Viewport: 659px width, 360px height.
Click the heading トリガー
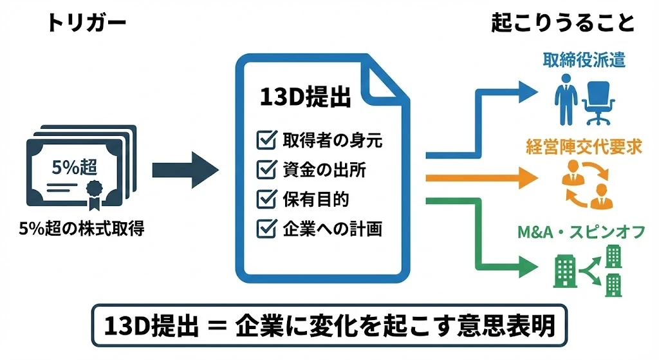[x=86, y=24]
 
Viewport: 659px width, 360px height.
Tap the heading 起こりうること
[x=562, y=24]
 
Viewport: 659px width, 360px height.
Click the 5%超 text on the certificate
[x=74, y=167]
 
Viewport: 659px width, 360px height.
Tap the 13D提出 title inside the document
[x=305, y=98]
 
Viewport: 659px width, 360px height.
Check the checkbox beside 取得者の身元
[x=265, y=140]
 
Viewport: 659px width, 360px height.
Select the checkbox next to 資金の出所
[x=265, y=169]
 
